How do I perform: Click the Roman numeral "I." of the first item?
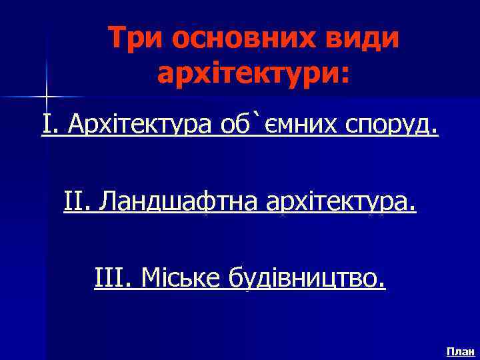click(x=49, y=124)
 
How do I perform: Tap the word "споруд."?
click(x=389, y=125)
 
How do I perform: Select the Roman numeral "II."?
click(x=77, y=201)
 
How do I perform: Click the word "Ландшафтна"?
click(x=179, y=201)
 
